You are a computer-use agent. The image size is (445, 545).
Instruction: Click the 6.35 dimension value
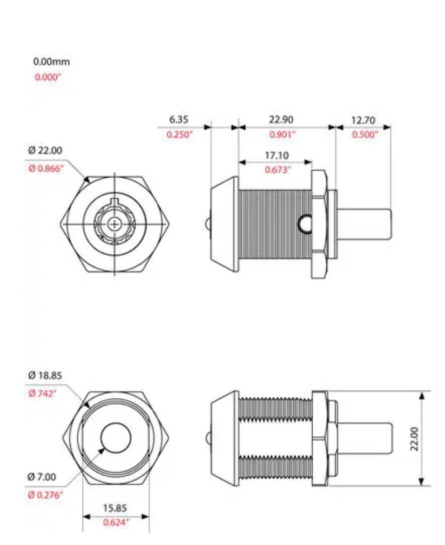(x=178, y=120)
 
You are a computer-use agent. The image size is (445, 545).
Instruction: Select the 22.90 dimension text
(x=281, y=120)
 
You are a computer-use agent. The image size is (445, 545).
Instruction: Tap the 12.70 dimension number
(x=363, y=120)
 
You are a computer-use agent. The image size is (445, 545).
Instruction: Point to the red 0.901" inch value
(x=282, y=134)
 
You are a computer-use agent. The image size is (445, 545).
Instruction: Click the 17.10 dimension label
(x=277, y=155)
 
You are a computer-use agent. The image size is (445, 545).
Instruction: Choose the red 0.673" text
(x=278, y=170)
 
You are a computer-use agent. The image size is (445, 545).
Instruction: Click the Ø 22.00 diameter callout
(x=45, y=150)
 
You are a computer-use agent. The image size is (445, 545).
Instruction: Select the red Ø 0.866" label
(x=46, y=169)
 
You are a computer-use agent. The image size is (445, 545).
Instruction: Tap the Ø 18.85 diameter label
(x=45, y=376)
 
